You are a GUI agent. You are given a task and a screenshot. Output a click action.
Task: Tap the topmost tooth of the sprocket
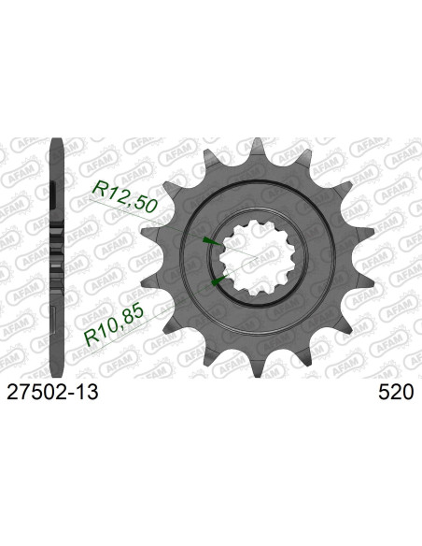coord(246,143)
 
